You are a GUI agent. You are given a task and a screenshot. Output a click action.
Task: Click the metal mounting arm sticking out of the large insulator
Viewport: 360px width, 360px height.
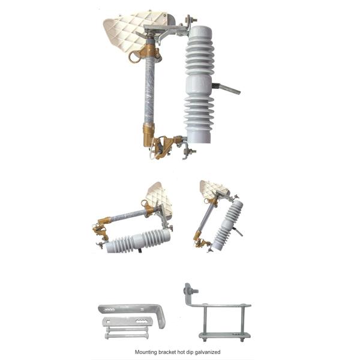tap(227, 89)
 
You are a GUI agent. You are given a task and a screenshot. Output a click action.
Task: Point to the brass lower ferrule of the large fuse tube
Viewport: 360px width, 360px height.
tap(149, 135)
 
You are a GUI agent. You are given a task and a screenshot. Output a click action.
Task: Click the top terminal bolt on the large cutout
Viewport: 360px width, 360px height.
tap(191, 20)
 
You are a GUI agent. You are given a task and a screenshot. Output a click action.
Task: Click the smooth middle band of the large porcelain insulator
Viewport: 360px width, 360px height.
tap(199, 86)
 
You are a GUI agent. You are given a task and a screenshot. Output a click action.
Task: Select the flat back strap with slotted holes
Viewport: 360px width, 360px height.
tap(127, 322)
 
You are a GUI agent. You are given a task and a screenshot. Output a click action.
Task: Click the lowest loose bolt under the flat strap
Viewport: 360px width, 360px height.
tap(127, 337)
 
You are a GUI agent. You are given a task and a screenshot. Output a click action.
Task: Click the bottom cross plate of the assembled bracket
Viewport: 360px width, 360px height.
tap(224, 335)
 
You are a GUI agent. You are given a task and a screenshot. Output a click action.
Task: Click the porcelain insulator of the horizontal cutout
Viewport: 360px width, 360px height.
tap(139, 242)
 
